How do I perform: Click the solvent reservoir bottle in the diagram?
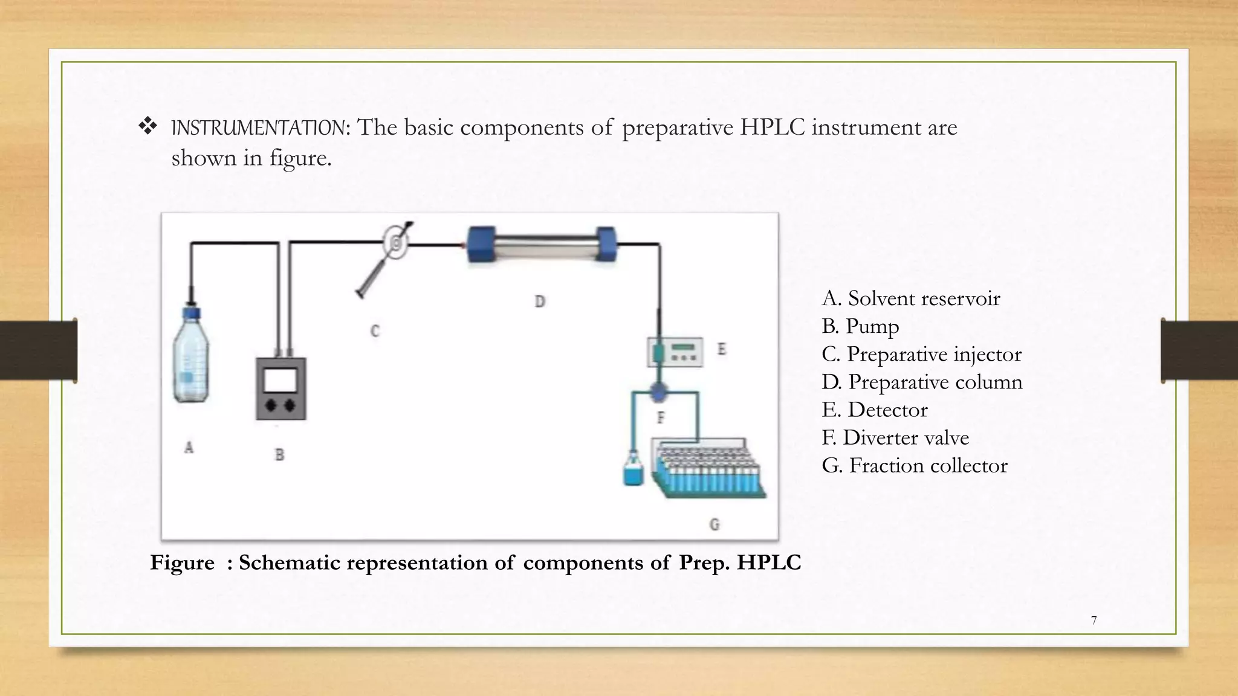(x=190, y=359)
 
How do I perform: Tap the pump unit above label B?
(x=281, y=388)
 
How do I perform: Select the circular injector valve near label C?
(x=397, y=243)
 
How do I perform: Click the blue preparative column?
(x=542, y=244)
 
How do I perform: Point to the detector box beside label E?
(x=676, y=351)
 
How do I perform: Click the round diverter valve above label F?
(x=658, y=393)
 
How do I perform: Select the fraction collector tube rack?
(x=707, y=468)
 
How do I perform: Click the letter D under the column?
(x=540, y=301)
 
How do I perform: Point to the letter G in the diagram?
(x=715, y=524)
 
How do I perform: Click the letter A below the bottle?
(x=189, y=448)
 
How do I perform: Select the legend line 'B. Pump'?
(x=860, y=326)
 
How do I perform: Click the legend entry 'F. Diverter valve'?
(x=895, y=437)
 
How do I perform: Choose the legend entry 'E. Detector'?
(x=874, y=410)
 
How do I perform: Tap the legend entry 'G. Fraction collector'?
(x=914, y=465)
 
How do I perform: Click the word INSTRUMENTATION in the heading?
(x=259, y=128)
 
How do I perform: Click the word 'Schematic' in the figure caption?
(x=289, y=562)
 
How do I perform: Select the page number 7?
(x=1094, y=620)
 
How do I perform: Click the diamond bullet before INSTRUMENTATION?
(x=148, y=126)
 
